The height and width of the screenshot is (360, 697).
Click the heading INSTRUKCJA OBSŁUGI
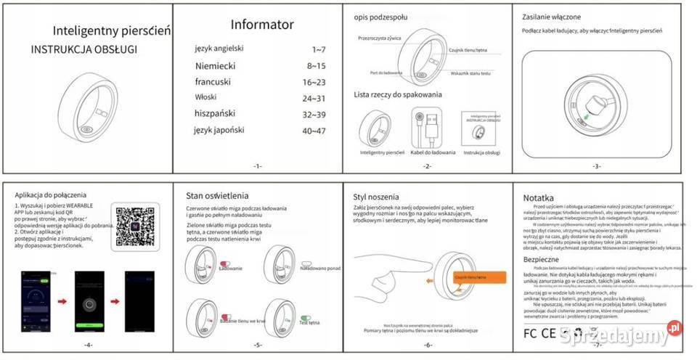click(83, 49)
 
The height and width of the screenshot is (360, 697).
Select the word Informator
click(262, 25)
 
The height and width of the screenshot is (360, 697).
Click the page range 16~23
click(314, 82)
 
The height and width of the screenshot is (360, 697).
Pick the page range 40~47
click(314, 131)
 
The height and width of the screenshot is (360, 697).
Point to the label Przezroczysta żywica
click(380, 37)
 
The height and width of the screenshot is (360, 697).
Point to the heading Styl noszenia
click(377, 195)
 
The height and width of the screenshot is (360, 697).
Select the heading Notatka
click(538, 197)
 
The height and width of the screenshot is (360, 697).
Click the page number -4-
click(88, 343)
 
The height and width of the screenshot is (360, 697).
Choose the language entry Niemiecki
click(215, 65)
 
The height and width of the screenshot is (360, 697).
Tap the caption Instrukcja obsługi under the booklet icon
click(482, 152)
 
